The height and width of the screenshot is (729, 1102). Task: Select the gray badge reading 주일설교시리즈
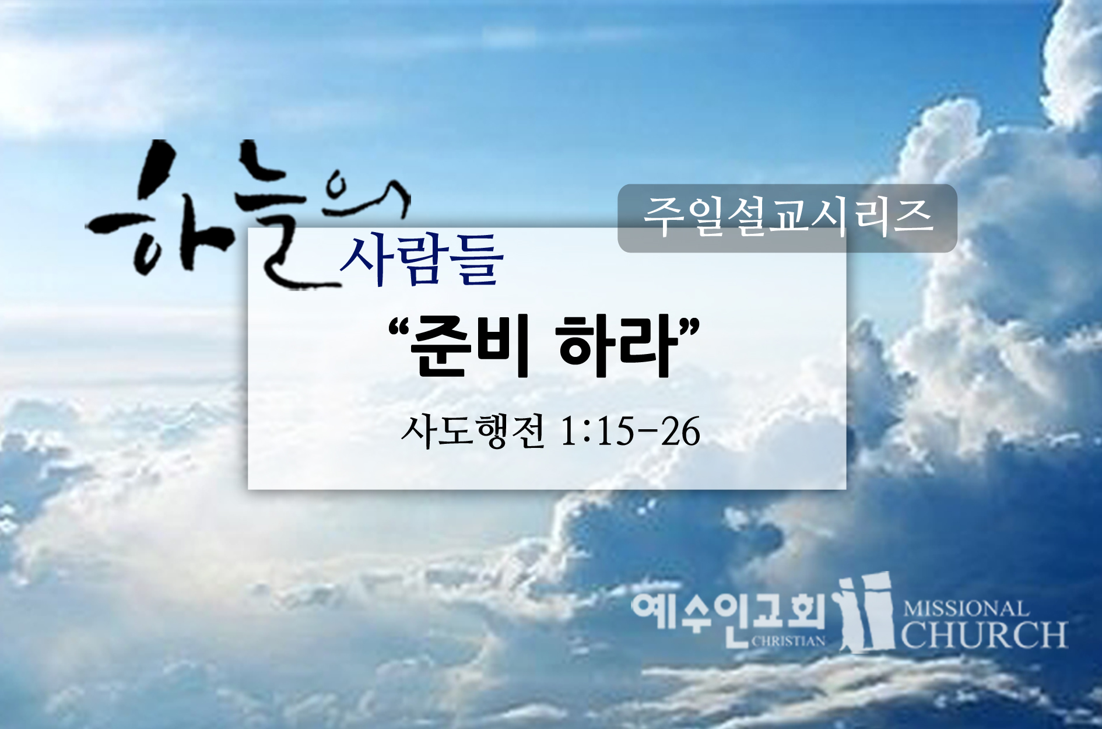coord(787,218)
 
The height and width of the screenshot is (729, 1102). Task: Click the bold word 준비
coord(469,347)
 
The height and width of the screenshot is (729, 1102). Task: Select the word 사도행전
coord(473,432)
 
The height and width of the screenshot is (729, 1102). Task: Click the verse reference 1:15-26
coord(630,432)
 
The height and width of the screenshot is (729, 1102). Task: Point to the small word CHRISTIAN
coord(789,641)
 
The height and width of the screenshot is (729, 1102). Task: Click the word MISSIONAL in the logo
coord(965,609)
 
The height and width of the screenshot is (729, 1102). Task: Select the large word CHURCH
coord(984,635)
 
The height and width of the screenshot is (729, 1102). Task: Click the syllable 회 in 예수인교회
coord(805,612)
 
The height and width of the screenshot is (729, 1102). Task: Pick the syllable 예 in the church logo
coord(652,612)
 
